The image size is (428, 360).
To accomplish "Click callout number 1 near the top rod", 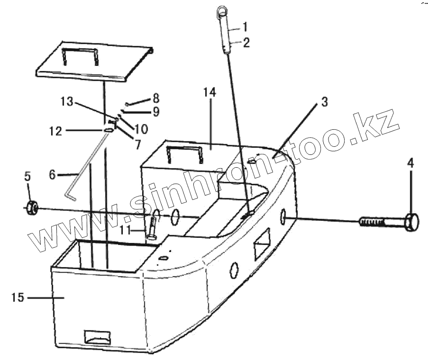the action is click(245, 25).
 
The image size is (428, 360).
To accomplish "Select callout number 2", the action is click(246, 42).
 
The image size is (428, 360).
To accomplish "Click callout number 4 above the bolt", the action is click(410, 163).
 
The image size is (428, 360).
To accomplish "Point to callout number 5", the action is click(27, 177).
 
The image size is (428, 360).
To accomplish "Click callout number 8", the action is click(155, 99).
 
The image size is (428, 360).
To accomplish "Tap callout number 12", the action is click(55, 131).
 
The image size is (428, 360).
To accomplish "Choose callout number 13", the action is click(67, 101).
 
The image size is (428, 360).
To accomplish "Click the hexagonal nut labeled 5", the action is click(31, 207).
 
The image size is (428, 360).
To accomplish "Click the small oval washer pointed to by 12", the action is click(109, 130).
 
